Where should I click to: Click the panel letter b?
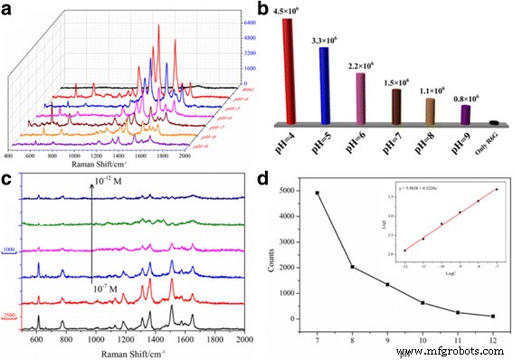click(264, 8)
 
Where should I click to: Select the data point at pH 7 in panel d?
click(317, 193)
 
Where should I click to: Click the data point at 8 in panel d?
click(351, 267)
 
